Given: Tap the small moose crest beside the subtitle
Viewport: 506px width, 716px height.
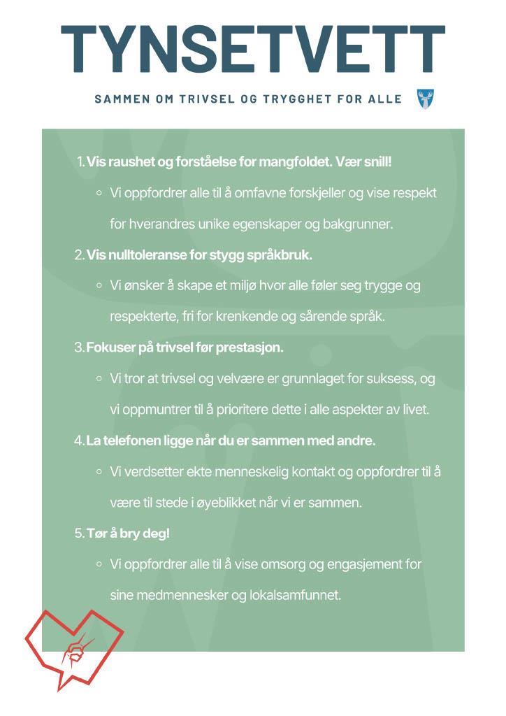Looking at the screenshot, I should pyautogui.click(x=424, y=99).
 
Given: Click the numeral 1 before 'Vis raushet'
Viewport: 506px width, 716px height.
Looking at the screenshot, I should pyautogui.click(x=80, y=162).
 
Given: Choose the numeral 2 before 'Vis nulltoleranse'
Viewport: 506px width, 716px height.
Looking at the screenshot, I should pyautogui.click(x=79, y=255).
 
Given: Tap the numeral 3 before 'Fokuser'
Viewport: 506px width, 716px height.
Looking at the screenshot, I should pyautogui.click(x=79, y=348).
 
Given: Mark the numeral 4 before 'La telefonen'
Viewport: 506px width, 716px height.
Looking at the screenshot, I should pyautogui.click(x=79, y=441).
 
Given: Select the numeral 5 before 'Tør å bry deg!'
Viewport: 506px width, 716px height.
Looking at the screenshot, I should pyautogui.click(x=79, y=534).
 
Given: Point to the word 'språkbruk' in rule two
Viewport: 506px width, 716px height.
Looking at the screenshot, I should pyautogui.click(x=277, y=255).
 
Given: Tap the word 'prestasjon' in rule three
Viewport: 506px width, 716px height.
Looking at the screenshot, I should pyautogui.click(x=253, y=348).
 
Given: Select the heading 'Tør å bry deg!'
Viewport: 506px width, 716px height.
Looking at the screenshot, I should pyautogui.click(x=128, y=534).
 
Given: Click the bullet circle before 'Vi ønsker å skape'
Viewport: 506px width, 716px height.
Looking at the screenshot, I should pyautogui.click(x=99, y=285).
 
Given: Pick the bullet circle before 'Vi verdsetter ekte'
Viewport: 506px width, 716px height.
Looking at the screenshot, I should pyautogui.click(x=99, y=471).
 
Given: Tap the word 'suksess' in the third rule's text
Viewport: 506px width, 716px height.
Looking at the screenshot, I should pyautogui.click(x=396, y=378).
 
